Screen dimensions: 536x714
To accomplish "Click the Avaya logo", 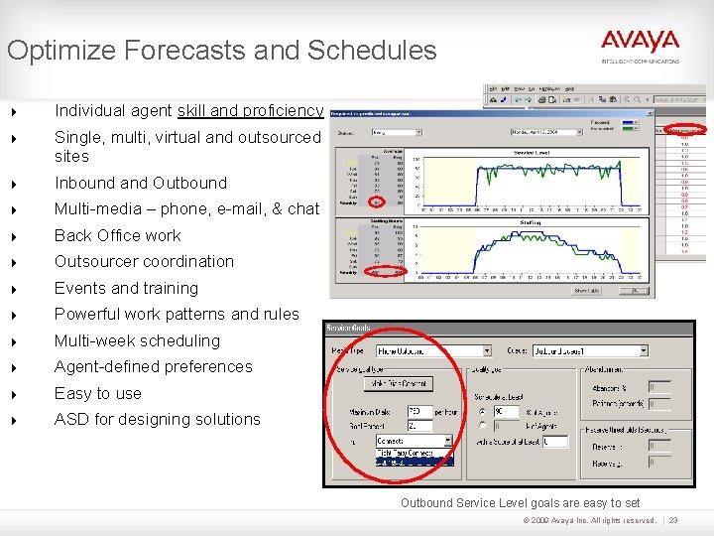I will [x=640, y=43].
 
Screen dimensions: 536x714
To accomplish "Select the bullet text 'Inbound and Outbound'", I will [x=140, y=183].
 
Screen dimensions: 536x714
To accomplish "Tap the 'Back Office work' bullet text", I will [x=117, y=235].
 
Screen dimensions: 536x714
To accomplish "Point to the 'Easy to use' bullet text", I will [x=97, y=393].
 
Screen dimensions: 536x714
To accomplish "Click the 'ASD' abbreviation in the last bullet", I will [x=71, y=419].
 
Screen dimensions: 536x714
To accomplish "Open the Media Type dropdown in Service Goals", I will [x=485, y=350].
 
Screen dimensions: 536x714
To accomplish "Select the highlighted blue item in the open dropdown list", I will [x=414, y=462].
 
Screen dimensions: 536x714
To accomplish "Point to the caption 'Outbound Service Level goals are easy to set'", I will [x=520, y=503].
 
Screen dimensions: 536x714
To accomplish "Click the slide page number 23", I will [x=673, y=520].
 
